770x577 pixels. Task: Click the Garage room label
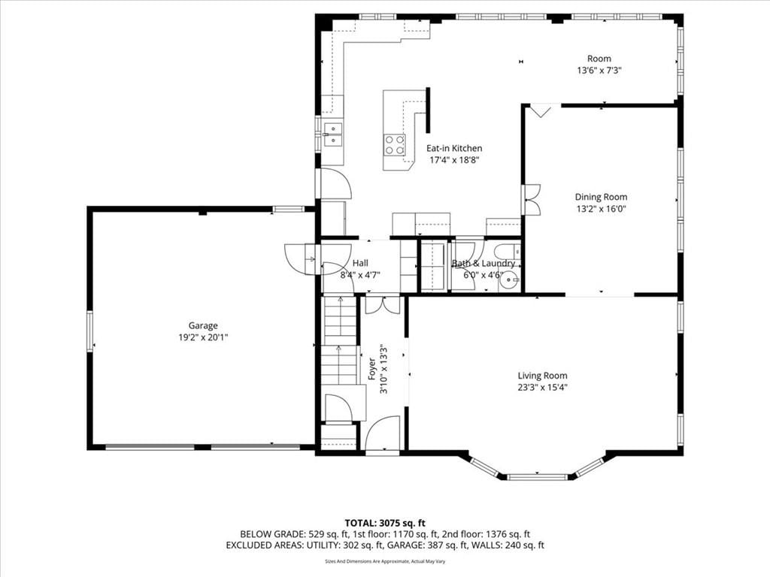tap(203, 325)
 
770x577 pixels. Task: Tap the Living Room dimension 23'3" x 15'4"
tap(542, 387)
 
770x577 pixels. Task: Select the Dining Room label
tap(601, 197)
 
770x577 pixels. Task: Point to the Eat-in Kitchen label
tap(453, 148)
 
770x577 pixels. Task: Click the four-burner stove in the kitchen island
tap(395, 145)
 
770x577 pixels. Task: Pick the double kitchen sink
tap(333, 134)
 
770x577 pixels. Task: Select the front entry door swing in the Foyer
tap(383, 434)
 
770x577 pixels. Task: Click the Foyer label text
tap(372, 369)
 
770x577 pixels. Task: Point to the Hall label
tap(360, 263)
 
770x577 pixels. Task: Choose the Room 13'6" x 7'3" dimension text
tap(599, 70)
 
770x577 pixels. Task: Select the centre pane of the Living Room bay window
tap(537, 476)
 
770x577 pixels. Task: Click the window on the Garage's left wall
tap(90, 331)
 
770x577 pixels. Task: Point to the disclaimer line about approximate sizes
tap(385, 561)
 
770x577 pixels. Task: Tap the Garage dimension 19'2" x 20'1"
tap(203, 337)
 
